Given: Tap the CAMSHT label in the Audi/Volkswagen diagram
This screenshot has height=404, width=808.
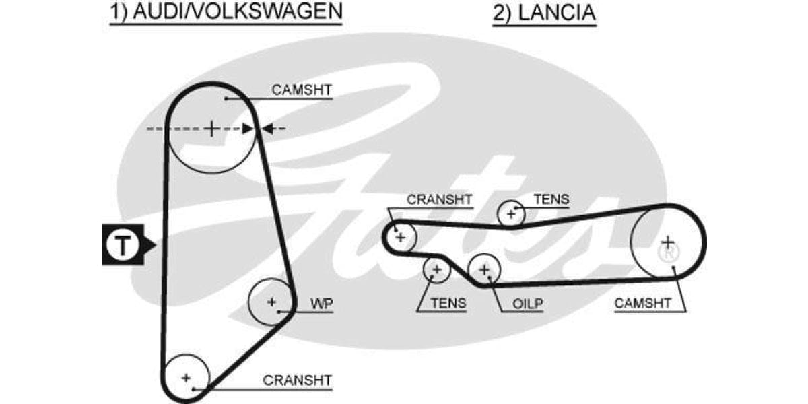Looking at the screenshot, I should pos(302,90).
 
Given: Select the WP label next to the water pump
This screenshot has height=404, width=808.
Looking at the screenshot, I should pos(321,304).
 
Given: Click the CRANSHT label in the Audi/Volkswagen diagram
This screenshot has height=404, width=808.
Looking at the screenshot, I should pos(297,380).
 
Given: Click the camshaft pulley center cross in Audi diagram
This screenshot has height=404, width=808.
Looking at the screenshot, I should pos(211,128).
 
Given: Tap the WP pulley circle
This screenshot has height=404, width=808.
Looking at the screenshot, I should pos(271,302).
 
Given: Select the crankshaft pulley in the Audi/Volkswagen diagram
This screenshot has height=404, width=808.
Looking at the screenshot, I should pos(187,377).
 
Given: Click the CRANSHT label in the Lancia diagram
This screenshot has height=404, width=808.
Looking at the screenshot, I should pos(439,199).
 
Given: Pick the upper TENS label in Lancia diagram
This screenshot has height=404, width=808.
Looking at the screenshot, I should pos(551,199).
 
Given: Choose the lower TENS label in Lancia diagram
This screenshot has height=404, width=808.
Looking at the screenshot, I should pos(447,304).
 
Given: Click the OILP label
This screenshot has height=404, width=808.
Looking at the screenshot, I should pos(527,304).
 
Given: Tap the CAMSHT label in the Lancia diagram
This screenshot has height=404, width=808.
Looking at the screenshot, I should pos(642,304).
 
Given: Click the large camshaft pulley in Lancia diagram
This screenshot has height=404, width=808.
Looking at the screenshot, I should pos(667,241).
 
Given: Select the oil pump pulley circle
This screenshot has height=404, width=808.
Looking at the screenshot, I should pos(484,270).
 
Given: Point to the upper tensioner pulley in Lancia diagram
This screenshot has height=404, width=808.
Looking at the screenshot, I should pos(511,214).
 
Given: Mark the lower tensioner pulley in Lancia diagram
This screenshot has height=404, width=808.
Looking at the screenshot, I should pos(436,270).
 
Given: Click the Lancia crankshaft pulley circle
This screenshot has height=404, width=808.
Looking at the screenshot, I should pos(401,237).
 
